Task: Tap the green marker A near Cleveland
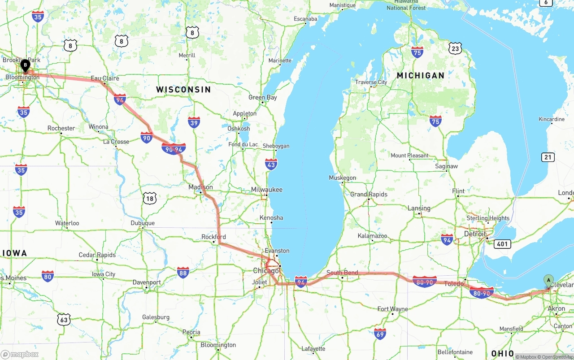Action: (548, 281)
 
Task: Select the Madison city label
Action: (200, 187)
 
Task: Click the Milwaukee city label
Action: (267, 190)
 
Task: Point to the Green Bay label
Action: (263, 97)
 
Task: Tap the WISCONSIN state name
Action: (183, 90)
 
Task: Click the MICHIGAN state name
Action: (420, 76)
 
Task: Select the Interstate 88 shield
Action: (183, 272)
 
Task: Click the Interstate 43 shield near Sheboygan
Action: (271, 164)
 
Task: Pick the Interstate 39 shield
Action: (194, 122)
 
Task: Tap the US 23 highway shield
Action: (455, 48)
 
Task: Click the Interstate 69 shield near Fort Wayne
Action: (380, 334)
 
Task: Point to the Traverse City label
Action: (371, 82)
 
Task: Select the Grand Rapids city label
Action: (369, 194)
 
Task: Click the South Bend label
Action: (342, 273)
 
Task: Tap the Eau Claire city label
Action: (105, 78)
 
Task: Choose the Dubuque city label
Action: (143, 223)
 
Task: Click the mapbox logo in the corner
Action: (20, 354)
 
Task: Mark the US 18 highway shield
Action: (150, 198)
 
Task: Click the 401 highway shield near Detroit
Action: (502, 244)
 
